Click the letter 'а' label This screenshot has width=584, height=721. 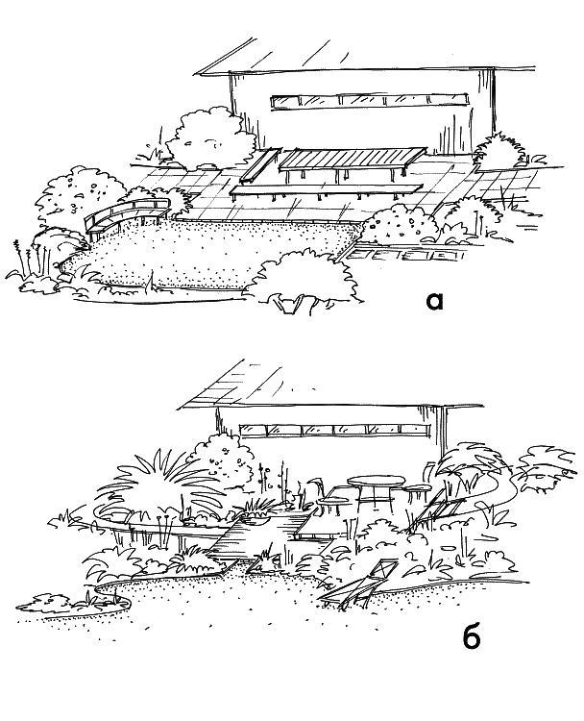click(434, 301)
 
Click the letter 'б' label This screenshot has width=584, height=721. click(472, 636)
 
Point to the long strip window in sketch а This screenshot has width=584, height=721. click(370, 101)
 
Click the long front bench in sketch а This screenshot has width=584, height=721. click(326, 190)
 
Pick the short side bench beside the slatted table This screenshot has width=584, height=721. click(260, 164)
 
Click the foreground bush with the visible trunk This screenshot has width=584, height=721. click(303, 280)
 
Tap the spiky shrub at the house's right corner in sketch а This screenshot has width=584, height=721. click(499, 148)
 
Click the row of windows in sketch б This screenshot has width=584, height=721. click(335, 430)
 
